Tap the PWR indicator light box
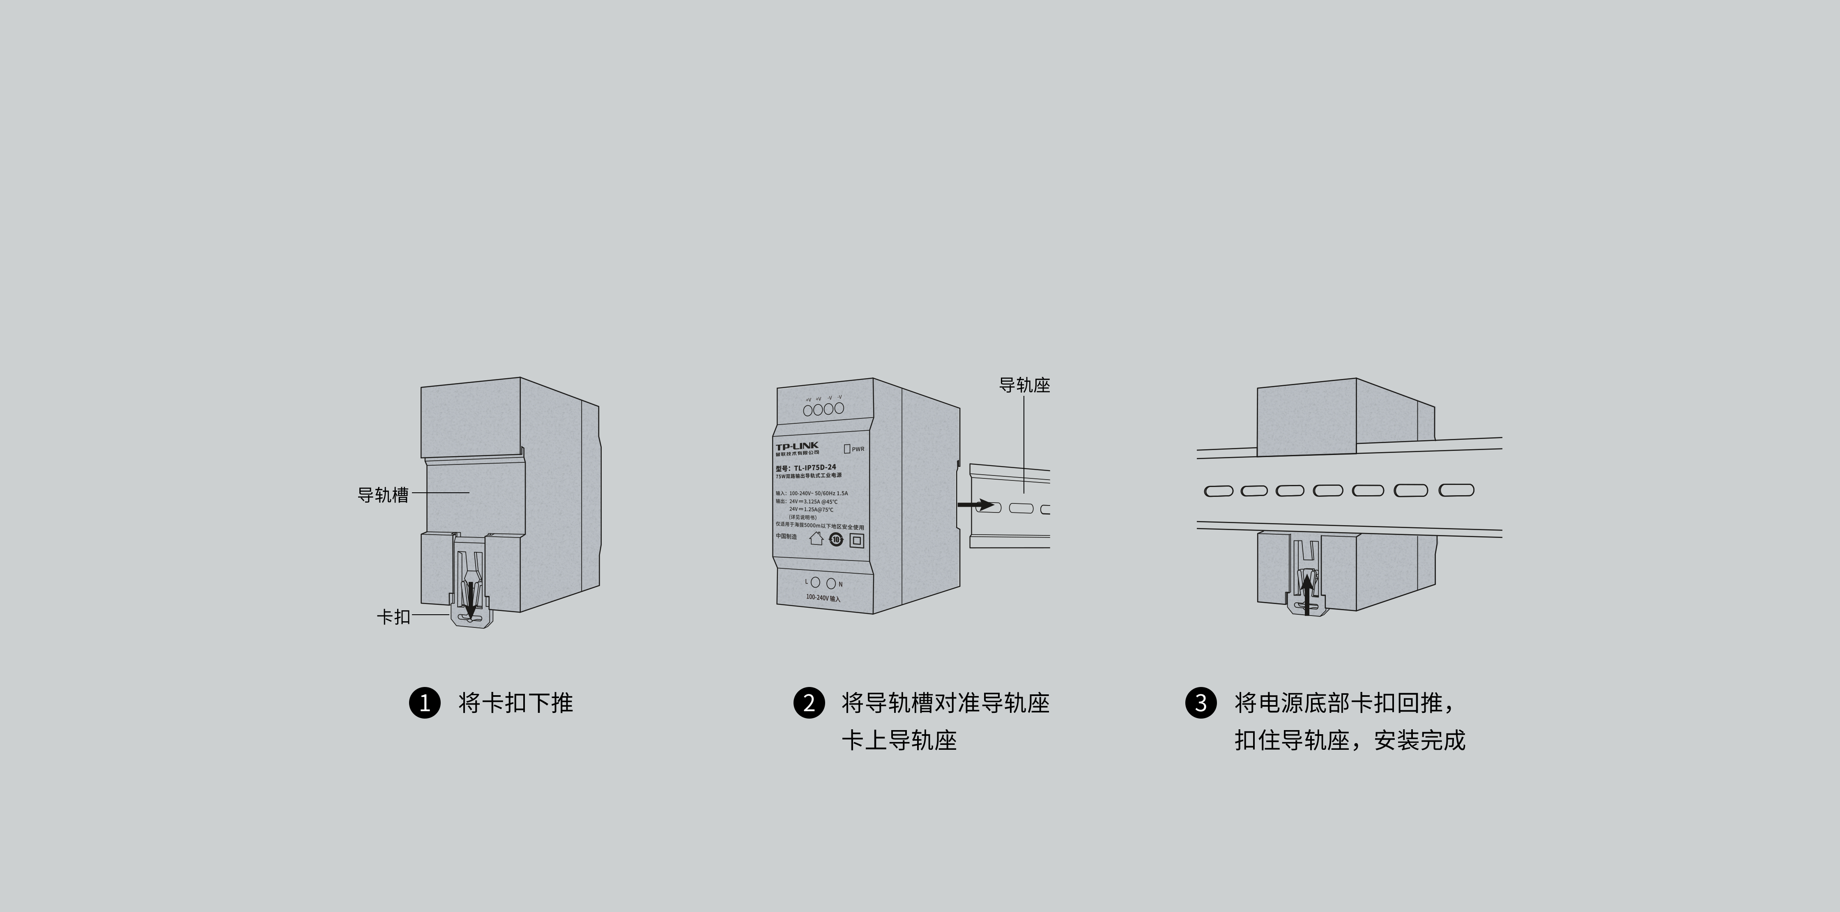pyautogui.click(x=848, y=448)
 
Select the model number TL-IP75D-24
pyautogui.click(x=814, y=468)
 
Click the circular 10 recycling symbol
pyautogui.click(x=836, y=539)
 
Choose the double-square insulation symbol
pyautogui.click(x=856, y=541)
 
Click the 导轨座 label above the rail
pyautogui.click(x=1024, y=386)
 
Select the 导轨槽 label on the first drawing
pyautogui.click(x=383, y=495)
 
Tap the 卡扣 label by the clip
pyautogui.click(x=393, y=616)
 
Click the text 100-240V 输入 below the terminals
pyautogui.click(x=823, y=598)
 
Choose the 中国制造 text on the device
pyautogui.click(x=787, y=536)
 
